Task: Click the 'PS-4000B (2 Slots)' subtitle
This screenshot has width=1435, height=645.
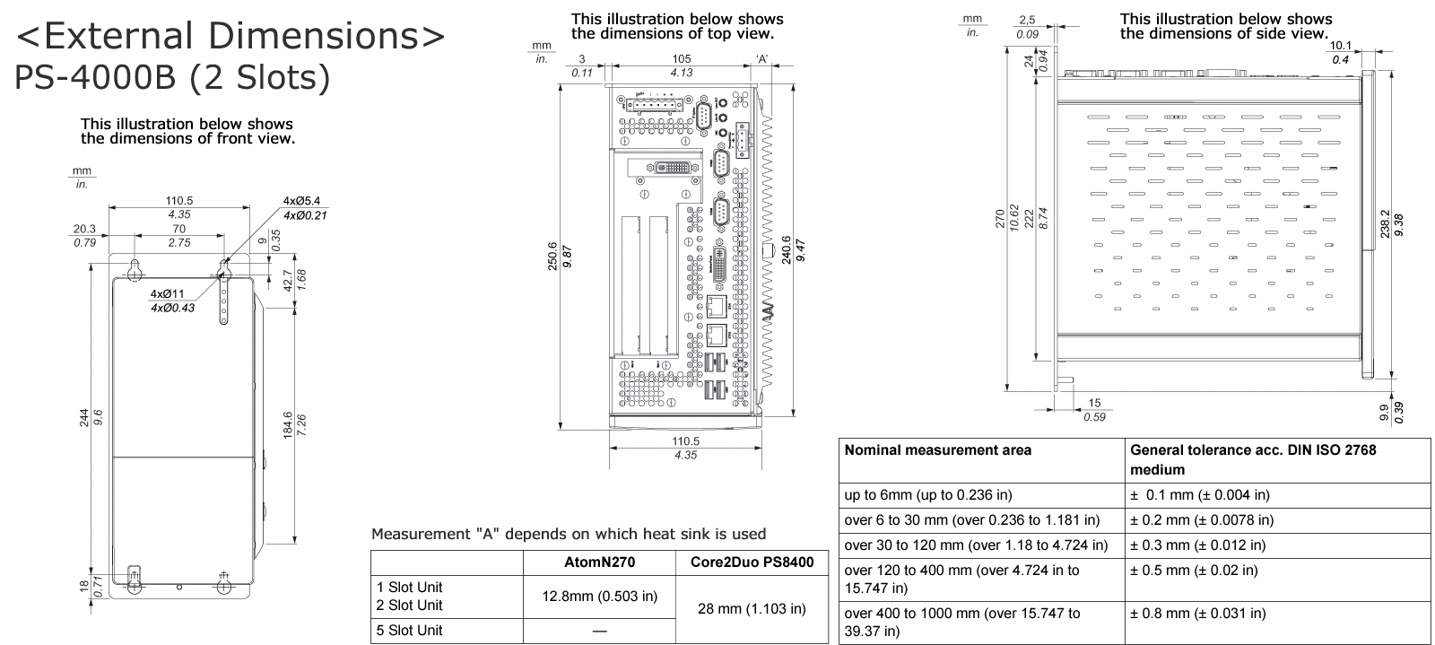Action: (172, 77)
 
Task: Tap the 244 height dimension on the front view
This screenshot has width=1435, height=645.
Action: (84, 418)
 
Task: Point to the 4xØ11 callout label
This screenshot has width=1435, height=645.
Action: (167, 294)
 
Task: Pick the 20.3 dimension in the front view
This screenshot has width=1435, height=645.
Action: (85, 229)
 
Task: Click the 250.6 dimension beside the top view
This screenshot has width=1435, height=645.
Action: (552, 256)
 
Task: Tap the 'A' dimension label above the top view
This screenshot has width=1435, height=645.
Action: (761, 59)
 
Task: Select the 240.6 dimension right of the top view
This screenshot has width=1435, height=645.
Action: (787, 249)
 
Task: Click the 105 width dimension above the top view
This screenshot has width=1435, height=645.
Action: (682, 59)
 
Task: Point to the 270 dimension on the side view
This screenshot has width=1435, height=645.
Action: (1001, 220)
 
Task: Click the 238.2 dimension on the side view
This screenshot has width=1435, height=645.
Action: (1385, 223)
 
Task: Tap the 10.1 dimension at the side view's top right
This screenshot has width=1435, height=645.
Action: (1340, 46)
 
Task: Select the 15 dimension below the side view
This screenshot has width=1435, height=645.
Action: (1094, 404)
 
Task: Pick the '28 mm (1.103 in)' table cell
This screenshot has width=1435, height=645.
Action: (751, 609)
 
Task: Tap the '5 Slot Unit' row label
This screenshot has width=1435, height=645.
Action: (409, 630)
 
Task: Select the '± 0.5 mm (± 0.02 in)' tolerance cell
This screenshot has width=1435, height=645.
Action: (1194, 570)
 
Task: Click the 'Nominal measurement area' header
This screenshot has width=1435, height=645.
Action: (937, 450)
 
